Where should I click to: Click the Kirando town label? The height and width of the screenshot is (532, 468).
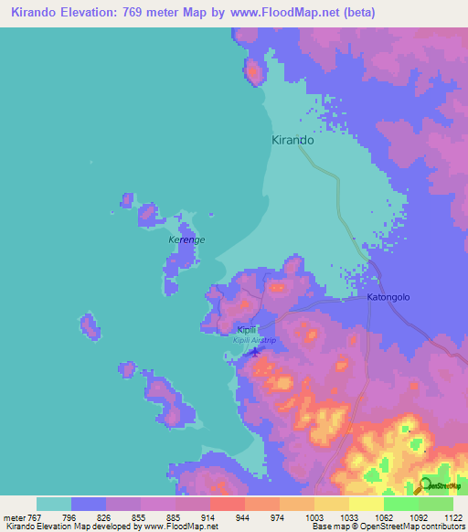point(293,141)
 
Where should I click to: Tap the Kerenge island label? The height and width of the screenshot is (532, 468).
point(186,240)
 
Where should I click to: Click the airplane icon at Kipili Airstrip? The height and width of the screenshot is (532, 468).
point(255,350)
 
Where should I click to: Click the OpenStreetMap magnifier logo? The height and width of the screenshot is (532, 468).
point(426,487)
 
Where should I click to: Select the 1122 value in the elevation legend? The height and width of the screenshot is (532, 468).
point(453,516)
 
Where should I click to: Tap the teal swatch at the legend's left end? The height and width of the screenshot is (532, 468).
point(54,504)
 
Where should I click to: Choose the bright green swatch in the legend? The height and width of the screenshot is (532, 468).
point(401,504)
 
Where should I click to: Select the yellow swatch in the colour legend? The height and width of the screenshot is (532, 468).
point(367,504)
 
